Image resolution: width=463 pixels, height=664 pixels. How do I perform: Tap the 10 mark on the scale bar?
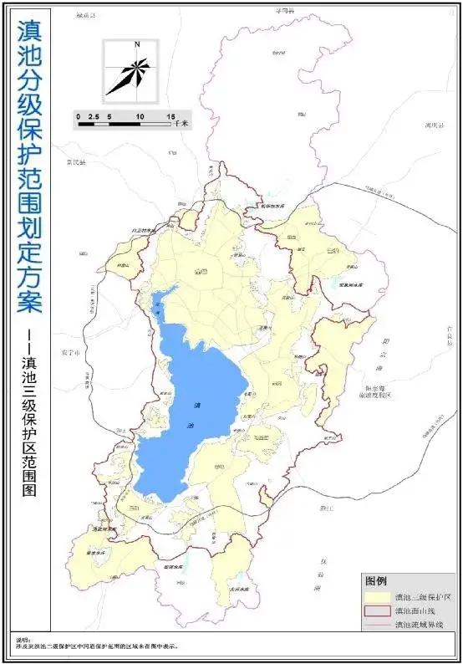pos(140,116)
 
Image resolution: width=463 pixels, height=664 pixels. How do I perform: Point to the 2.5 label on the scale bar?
pos(94,116)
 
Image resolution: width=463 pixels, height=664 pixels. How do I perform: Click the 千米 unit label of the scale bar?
pos(181,123)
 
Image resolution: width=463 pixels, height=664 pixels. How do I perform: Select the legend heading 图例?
pos(375,580)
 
